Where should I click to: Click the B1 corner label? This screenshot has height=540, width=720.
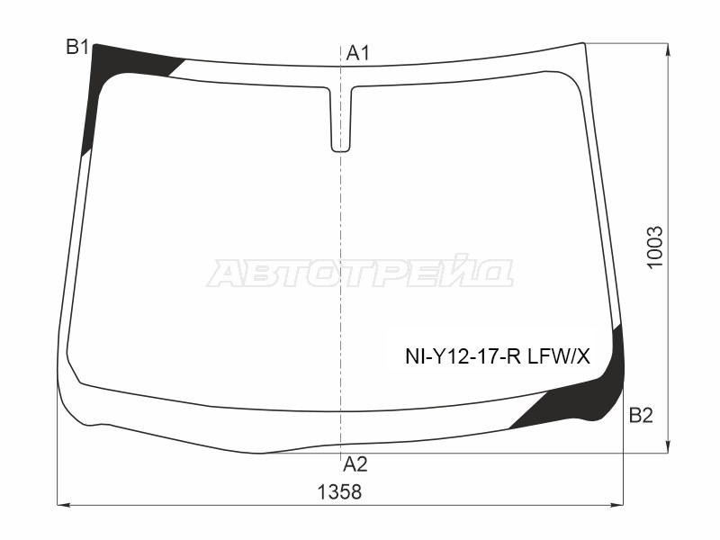pos(77,47)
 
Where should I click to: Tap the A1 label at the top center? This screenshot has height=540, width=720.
pos(357,53)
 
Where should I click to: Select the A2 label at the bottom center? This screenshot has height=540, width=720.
pos(355,464)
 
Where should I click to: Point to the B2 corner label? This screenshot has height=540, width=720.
pos(641,416)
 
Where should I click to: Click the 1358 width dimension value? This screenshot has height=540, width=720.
pos(340,492)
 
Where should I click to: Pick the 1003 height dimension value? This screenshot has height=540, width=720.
pos(655,247)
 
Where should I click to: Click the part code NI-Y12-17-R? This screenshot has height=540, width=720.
pos(463,355)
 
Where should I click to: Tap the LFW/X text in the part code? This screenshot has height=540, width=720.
pos(559,355)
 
